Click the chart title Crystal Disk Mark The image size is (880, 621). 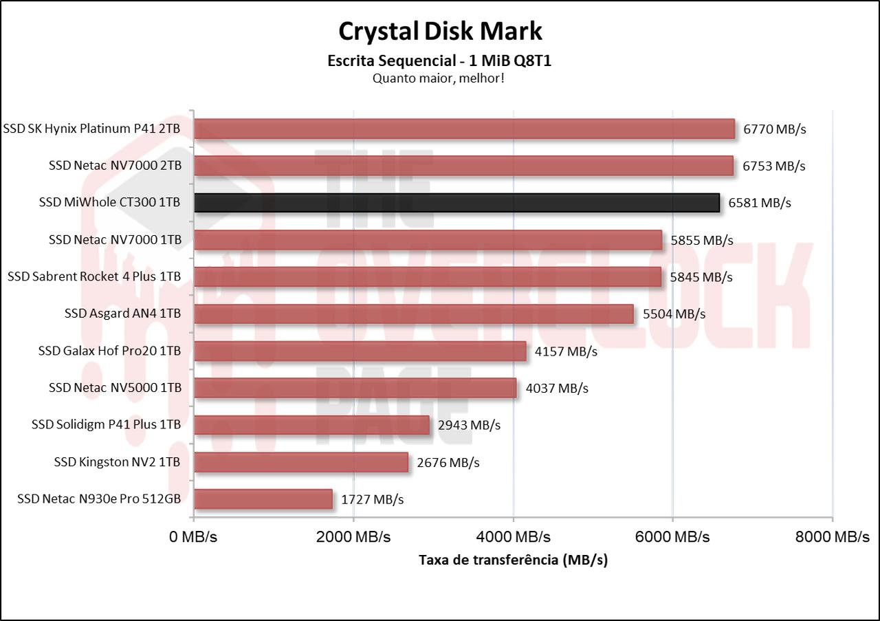pos(440,31)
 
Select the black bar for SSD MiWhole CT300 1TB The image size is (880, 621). pos(456,203)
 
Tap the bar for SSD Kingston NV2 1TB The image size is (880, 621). pos(301,462)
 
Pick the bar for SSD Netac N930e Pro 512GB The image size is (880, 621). pos(263,499)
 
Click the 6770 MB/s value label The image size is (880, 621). pos(774,129)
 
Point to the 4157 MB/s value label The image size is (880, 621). pos(566,351)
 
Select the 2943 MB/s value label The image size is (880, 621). pos(469,425)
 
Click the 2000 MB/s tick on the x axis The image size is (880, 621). pos(353,537)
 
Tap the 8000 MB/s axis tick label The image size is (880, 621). pos(832,537)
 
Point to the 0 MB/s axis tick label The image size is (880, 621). pos(193,537)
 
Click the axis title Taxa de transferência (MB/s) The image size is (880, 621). pos(513,560)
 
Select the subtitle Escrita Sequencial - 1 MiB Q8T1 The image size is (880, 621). pos(440,61)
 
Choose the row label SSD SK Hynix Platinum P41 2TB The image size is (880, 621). pos(92,129)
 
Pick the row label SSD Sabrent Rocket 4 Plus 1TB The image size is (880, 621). pos(94,276)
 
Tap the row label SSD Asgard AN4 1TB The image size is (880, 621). pos(122,314)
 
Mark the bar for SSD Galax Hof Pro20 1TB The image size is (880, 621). pos(360,351)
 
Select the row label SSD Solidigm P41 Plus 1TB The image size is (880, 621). pos(106,425)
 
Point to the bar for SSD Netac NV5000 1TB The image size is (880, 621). pos(355,389)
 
